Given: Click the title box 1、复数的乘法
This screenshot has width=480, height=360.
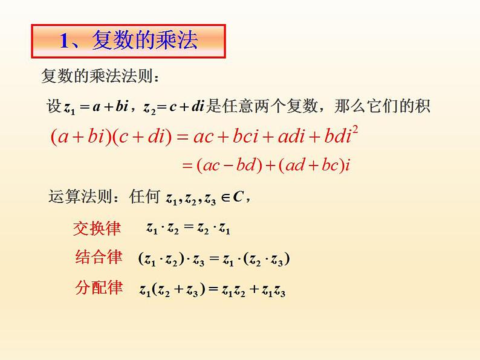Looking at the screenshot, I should tap(128, 42).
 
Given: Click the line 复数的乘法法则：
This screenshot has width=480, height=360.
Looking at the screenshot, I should tap(100, 77).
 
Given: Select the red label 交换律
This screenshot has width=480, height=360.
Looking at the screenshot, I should tap(97, 228).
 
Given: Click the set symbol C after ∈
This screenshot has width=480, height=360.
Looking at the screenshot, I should tap(238, 197).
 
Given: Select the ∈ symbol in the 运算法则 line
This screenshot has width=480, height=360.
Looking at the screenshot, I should tap(224, 198).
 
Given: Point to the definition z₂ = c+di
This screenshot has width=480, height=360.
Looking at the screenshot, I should tap(175, 108).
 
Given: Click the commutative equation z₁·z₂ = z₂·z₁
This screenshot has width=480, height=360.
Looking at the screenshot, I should tap(188, 228).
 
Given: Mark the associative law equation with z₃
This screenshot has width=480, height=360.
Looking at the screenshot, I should tap(215, 259).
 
